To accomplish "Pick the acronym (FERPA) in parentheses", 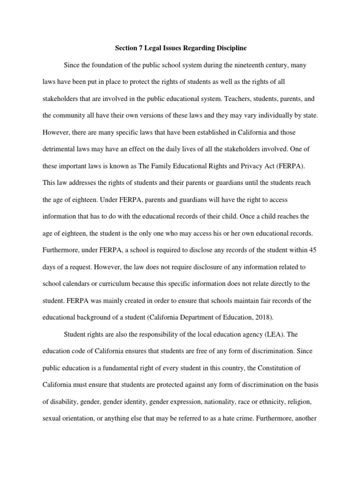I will [291, 166].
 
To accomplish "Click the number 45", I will [312, 250].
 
